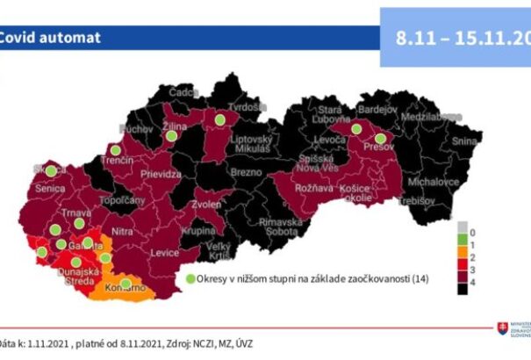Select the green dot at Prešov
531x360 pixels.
(x=380, y=138)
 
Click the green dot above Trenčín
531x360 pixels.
(x=115, y=149)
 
